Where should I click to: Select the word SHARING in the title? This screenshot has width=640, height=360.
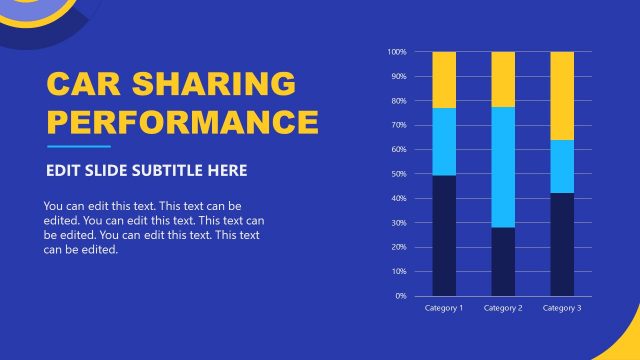point(222,84)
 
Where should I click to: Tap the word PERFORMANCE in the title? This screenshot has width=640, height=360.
point(183,123)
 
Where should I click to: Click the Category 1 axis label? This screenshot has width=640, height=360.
point(444,308)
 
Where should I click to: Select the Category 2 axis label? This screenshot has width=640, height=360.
point(503,308)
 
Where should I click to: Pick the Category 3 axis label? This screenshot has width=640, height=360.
point(562,308)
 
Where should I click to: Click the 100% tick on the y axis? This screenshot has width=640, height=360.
point(396,52)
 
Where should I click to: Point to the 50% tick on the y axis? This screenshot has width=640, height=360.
point(397,174)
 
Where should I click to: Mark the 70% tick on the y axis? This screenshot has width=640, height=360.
point(397,125)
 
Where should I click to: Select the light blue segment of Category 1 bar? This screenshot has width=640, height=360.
point(444,141)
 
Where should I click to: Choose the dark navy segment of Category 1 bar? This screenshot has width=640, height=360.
point(444,235)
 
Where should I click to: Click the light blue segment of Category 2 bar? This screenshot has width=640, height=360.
point(503,167)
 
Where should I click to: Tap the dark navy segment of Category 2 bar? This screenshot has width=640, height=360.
point(503,261)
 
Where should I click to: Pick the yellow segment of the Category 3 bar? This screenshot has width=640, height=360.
point(562,96)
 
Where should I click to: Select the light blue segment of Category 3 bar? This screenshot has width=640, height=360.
point(562,166)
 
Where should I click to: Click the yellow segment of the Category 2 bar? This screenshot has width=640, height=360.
point(503,79)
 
